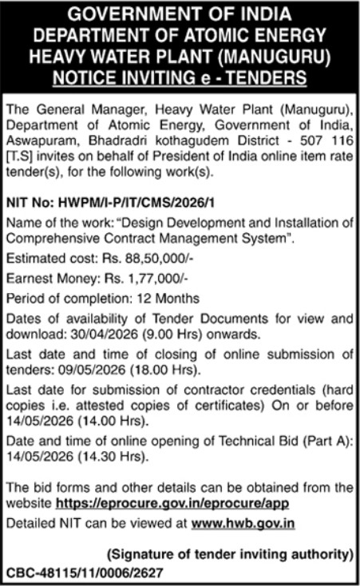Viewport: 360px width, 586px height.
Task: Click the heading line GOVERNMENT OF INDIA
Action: (x=180, y=15)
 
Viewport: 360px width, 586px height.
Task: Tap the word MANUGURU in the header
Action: (x=259, y=57)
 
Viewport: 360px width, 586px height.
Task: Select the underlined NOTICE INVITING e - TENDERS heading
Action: (x=180, y=77)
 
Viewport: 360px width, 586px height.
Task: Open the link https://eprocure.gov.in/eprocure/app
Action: (x=172, y=503)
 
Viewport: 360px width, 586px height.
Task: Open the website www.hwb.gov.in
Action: (x=244, y=523)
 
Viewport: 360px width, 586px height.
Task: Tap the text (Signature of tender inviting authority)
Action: (x=230, y=553)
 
